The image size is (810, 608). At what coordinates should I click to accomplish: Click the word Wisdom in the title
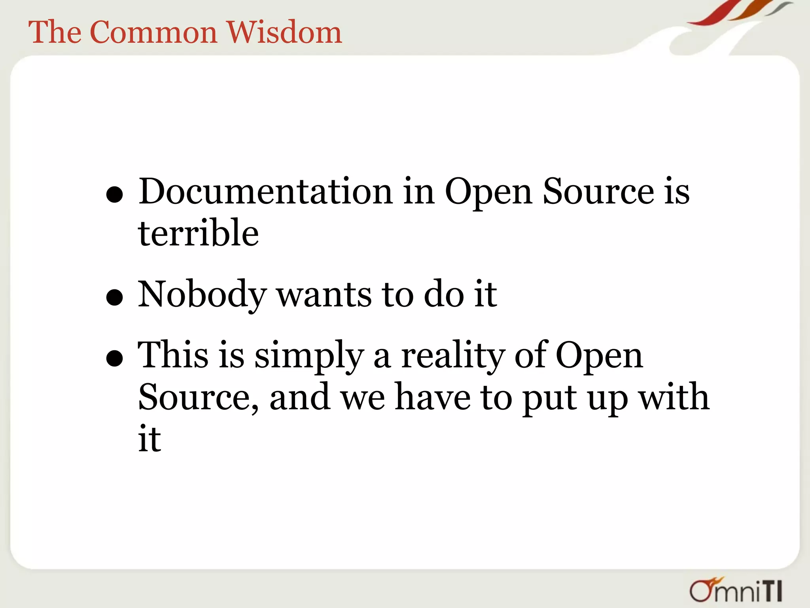(x=284, y=32)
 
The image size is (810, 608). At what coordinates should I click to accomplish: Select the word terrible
(x=199, y=234)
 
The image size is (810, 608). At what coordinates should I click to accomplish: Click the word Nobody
(x=202, y=294)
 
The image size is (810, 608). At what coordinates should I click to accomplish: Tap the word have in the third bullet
(x=433, y=397)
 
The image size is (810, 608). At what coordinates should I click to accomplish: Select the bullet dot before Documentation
(x=115, y=195)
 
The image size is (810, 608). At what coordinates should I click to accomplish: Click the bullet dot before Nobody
(x=115, y=297)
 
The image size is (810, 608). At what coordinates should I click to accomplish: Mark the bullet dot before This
(x=115, y=358)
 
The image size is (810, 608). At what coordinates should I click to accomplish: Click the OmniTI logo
(x=736, y=589)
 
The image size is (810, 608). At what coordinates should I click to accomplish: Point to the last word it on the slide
(x=150, y=439)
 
